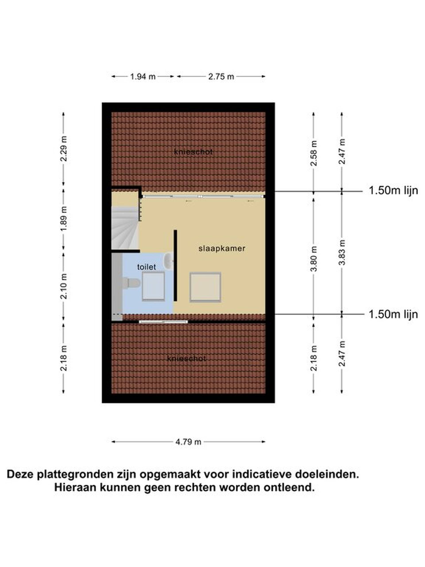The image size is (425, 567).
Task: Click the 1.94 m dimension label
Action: click(143, 76)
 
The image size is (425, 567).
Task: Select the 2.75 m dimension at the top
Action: click(221, 76)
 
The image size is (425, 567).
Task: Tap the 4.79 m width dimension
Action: click(188, 442)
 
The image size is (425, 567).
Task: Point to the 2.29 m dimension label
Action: click(64, 148)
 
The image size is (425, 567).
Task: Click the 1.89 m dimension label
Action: click(64, 218)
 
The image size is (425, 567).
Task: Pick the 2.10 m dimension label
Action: click(64, 286)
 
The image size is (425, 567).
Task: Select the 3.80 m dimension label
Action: click(314, 259)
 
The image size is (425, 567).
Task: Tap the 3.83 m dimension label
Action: click(342, 252)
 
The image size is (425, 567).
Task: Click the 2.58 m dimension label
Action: click(314, 153)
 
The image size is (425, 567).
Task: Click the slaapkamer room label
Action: click(222, 248)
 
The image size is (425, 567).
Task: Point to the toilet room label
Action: click(147, 267)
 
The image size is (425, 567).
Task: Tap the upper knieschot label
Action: click(193, 152)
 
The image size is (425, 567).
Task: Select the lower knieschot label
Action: click(187, 358)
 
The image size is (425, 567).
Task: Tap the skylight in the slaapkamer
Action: click(205, 287)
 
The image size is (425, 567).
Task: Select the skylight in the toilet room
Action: click(153, 286)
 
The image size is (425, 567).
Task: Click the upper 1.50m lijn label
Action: click(393, 190)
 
